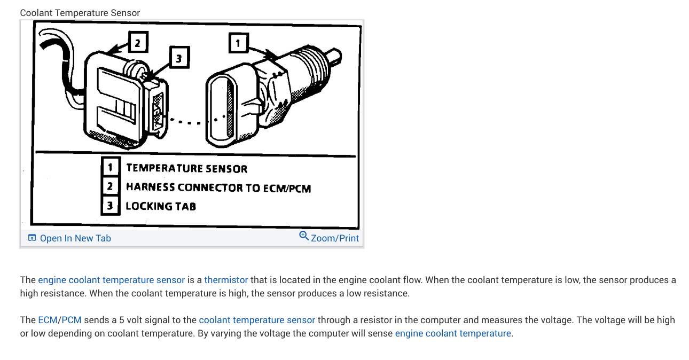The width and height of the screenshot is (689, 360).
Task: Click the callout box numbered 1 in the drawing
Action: pyautogui.click(x=238, y=42)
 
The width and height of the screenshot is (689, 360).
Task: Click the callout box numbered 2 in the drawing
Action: pyautogui.click(x=137, y=42)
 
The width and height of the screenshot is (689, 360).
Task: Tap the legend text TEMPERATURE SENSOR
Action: pyautogui.click(x=186, y=169)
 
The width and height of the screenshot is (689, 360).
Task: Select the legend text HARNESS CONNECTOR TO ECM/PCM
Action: pyautogui.click(x=218, y=187)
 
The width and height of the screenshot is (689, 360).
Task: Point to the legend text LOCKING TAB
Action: pyautogui.click(x=161, y=206)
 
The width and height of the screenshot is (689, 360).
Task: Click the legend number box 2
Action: pyautogui.click(x=110, y=186)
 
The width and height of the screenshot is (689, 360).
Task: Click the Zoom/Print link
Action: pyautogui.click(x=335, y=238)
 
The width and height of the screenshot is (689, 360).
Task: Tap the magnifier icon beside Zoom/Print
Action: pyautogui.click(x=304, y=236)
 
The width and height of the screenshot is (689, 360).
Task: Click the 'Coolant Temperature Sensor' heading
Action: pyautogui.click(x=80, y=13)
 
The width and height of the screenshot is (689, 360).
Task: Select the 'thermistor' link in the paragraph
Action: pyautogui.click(x=226, y=280)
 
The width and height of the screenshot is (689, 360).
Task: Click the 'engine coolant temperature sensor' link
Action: pyautogui.click(x=111, y=280)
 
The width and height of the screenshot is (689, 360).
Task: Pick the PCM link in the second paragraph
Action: pyautogui.click(x=72, y=320)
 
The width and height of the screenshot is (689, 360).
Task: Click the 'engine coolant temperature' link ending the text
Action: pyautogui.click(x=453, y=333)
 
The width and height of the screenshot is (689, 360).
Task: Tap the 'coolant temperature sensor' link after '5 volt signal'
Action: pyautogui.click(x=257, y=320)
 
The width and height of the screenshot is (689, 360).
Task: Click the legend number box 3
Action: pyautogui.click(x=110, y=206)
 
